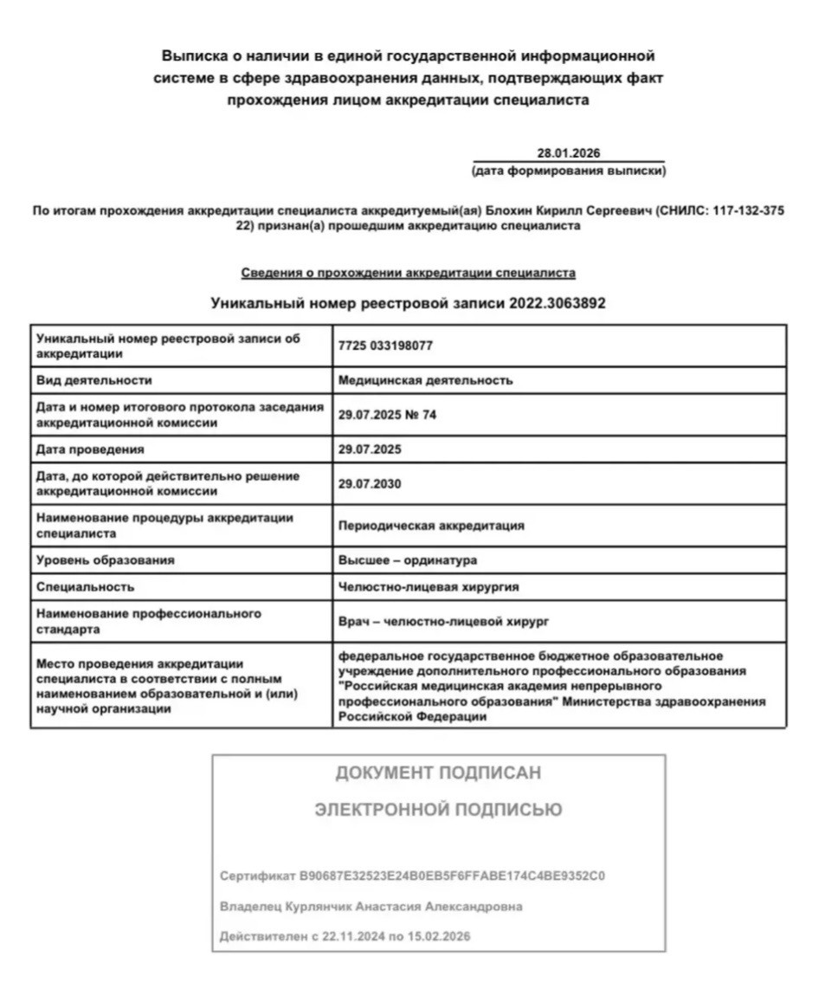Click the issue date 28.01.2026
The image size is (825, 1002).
tap(568, 153)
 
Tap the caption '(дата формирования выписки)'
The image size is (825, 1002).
tap(569, 171)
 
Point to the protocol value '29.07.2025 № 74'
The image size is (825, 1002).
tap(388, 415)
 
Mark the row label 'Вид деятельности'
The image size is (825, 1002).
tap(94, 379)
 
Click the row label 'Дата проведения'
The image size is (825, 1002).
tap(90, 449)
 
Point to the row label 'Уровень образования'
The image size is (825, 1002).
tap(105, 560)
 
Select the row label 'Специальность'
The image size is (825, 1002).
tap(85, 586)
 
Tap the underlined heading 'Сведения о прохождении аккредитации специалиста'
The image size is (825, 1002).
tap(408, 273)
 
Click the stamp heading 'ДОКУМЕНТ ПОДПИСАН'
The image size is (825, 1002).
tap(438, 773)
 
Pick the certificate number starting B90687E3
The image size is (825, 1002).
tap(452, 876)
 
